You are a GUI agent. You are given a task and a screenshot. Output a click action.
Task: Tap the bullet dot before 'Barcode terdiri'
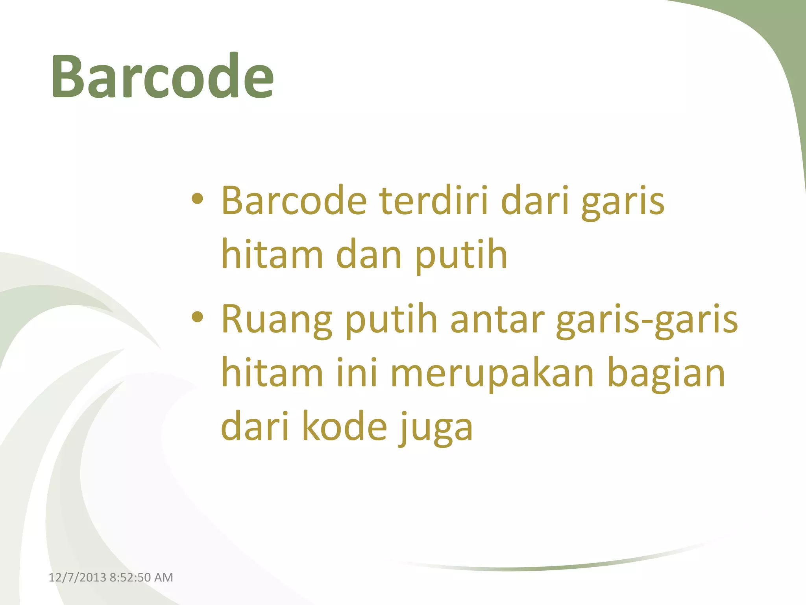click(198, 199)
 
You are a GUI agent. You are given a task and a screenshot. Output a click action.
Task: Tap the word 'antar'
click(497, 319)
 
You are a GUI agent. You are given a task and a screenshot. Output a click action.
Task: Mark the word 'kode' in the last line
click(345, 427)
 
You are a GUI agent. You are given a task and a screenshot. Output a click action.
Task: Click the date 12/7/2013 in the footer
click(78, 577)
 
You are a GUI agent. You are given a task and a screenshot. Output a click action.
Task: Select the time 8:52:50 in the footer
click(130, 577)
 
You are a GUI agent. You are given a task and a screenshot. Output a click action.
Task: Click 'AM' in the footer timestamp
click(164, 577)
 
